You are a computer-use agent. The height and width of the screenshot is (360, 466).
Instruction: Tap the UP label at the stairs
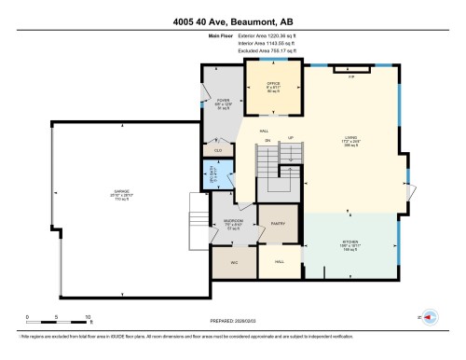pos(290,138)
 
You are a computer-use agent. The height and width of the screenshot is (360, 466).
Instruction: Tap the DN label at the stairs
pos(267,140)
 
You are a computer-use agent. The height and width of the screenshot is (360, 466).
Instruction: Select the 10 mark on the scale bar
pos(89,318)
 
